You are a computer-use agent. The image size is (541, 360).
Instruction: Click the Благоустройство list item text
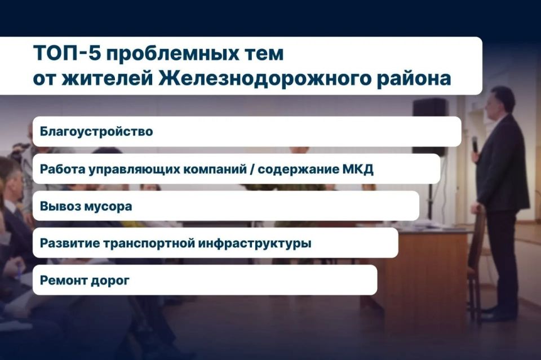point(96,132)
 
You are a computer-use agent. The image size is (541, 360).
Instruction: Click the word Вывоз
point(58,206)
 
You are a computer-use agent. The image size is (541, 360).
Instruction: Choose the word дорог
point(110,281)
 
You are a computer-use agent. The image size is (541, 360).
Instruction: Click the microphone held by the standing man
point(475,144)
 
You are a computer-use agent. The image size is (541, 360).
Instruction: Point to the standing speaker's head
point(503,101)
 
